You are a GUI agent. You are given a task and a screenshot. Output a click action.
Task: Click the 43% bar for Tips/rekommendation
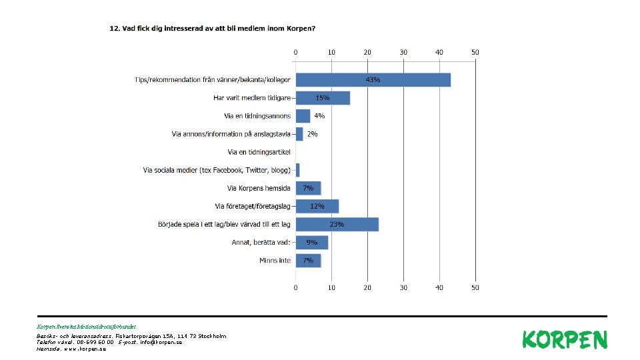click(373, 80)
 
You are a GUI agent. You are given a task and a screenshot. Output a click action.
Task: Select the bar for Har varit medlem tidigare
click(323, 98)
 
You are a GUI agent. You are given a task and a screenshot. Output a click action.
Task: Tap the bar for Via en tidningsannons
click(303, 116)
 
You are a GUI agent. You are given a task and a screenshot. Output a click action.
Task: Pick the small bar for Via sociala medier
click(297, 170)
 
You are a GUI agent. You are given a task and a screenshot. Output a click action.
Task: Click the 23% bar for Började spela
click(337, 225)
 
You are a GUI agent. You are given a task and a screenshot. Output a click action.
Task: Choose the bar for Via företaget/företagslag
click(317, 207)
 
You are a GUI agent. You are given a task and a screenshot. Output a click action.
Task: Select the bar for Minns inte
click(308, 261)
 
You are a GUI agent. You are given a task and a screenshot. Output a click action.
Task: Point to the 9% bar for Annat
click(312, 243)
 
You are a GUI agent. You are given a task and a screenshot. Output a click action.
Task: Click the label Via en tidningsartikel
click(259, 152)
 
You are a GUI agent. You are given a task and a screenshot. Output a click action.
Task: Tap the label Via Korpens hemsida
click(259, 188)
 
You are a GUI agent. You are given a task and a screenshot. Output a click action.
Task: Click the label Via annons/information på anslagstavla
click(231, 134)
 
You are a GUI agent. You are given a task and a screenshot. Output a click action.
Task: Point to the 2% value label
click(312, 134)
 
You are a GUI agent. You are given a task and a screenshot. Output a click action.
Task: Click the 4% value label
click(319, 116)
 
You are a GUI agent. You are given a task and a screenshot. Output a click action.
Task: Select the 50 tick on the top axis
click(475, 52)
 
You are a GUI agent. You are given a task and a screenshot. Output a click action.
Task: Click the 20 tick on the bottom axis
click(367, 288)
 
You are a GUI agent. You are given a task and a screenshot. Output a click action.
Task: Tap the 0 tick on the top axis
click(295, 52)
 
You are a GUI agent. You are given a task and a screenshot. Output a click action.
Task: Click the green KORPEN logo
click(565, 339)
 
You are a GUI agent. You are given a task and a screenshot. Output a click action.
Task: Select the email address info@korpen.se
click(161, 343)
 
